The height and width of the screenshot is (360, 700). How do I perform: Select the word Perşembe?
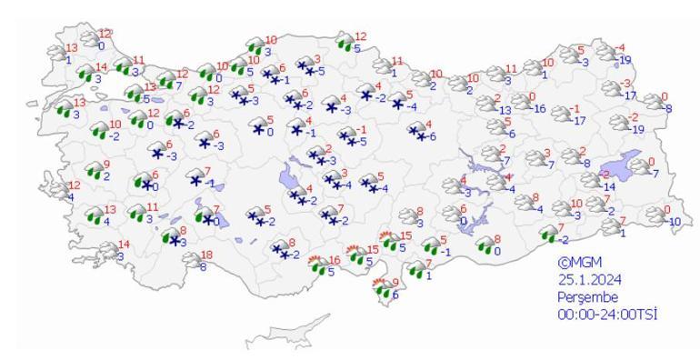pyautogui.click(x=588, y=297)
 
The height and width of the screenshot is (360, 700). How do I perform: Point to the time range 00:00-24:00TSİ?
pyautogui.click(x=607, y=315)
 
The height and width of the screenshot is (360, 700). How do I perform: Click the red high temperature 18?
pyautogui.click(x=206, y=255)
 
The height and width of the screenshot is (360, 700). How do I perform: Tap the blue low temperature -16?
pyautogui.click(x=539, y=109)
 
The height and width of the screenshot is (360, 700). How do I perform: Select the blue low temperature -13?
pyautogui.click(x=505, y=110)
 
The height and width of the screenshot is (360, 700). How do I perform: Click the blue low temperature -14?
pyautogui.click(x=611, y=186)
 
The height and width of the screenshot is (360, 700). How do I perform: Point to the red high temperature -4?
pyautogui.click(x=621, y=48)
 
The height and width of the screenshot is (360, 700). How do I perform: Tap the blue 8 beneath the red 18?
pyautogui.click(x=203, y=267)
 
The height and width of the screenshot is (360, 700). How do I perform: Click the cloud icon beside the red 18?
pyautogui.click(x=190, y=259)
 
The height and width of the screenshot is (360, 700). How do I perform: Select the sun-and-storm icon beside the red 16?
pyautogui.click(x=317, y=265)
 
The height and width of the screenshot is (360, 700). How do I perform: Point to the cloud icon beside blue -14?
pyautogui.click(x=591, y=181)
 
